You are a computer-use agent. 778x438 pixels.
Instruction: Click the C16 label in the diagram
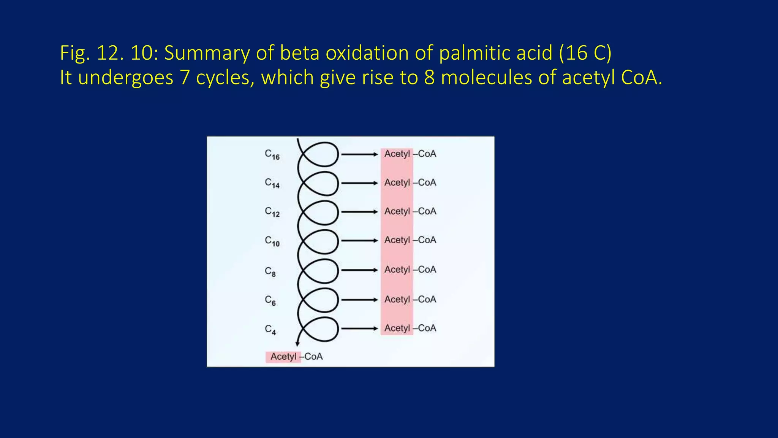coord(272,155)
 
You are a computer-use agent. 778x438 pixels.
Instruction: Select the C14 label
coord(272,183)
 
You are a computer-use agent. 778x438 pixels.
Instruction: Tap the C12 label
coord(272,212)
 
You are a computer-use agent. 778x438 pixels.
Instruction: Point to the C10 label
coord(272,241)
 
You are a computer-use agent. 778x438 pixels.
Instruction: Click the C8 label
coord(270,271)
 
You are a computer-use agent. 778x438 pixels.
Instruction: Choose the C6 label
coord(270,300)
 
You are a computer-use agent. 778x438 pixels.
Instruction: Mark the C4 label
coord(270,329)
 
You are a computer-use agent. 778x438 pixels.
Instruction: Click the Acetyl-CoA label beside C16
coord(410,154)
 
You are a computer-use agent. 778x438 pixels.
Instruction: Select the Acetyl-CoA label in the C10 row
coord(410,240)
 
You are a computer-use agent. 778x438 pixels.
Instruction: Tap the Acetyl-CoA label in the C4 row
coord(410,328)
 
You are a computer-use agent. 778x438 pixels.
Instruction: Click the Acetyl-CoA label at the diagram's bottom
coord(296,357)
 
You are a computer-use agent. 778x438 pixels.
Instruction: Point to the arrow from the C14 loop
coord(359,183)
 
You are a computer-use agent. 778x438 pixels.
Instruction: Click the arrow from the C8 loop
coord(359,270)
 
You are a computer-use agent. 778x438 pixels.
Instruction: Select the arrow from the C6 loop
coord(359,300)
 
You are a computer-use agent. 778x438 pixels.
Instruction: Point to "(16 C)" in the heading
coord(585,53)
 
